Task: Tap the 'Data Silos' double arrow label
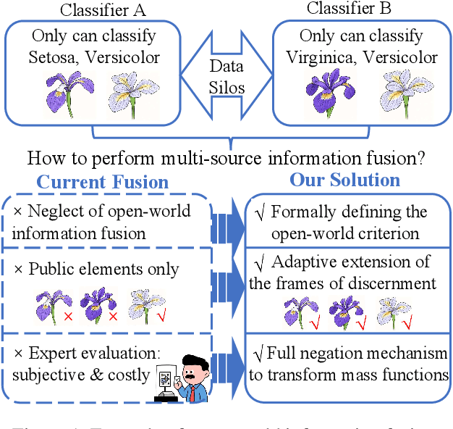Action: [x=226, y=75]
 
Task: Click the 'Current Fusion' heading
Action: [x=102, y=182]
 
